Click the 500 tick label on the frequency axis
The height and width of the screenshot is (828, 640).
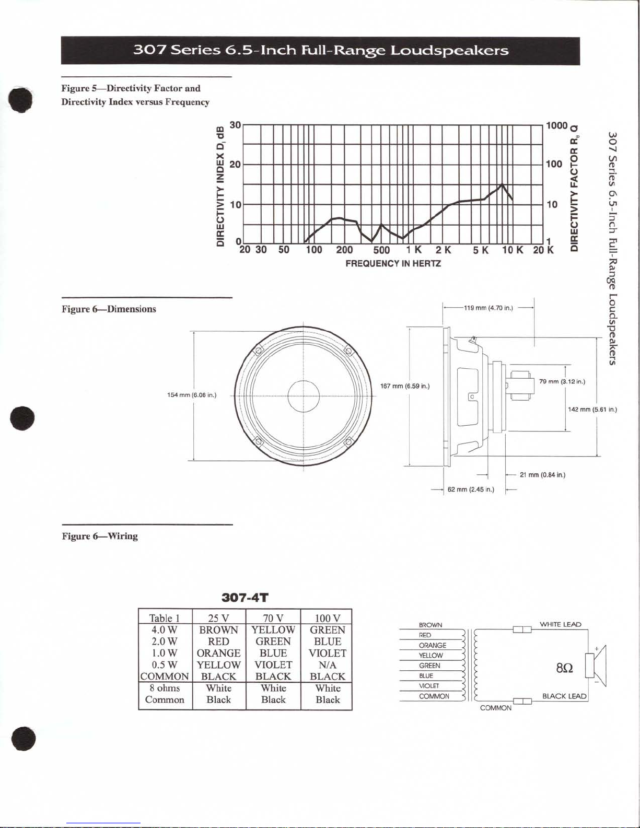tap(381, 250)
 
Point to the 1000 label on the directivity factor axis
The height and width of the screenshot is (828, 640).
tap(557, 126)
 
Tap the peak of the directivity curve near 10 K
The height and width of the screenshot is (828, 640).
tap(503, 185)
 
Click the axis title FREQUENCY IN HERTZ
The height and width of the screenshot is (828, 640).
tap(393, 263)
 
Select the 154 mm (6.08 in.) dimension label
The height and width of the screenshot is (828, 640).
tap(192, 395)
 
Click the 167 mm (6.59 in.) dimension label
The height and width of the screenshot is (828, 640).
tap(405, 386)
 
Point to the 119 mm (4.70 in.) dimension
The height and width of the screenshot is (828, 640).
tap(488, 308)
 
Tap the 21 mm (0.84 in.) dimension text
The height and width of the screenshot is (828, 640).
tap(542, 475)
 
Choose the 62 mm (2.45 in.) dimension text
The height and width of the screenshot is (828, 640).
tap(471, 489)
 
